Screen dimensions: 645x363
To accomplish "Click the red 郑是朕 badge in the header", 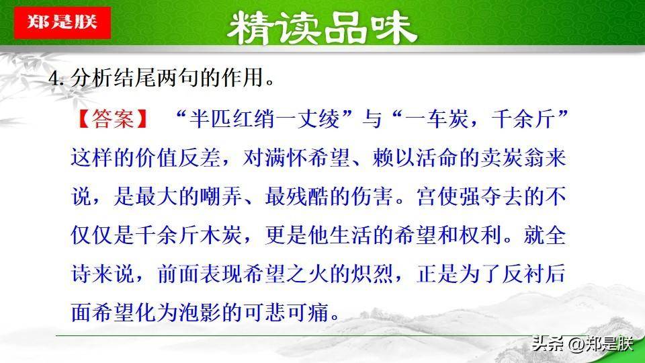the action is (x=62, y=23).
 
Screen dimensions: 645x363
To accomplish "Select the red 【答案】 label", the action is (x=113, y=120).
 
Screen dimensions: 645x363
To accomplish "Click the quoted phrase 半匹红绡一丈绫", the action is (x=265, y=120).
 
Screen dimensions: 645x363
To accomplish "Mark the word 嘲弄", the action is (x=221, y=197).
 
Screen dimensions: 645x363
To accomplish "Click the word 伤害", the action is (x=372, y=197).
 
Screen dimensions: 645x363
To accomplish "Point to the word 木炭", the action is (x=221, y=235).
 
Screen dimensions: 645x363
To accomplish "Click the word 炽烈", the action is (x=372, y=274).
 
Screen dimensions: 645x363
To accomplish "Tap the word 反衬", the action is (x=523, y=274).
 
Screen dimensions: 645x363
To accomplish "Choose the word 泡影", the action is (x=200, y=313).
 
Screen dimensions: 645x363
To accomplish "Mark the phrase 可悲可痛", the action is (x=286, y=313).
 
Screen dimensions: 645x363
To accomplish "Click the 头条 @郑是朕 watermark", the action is (x=582, y=344).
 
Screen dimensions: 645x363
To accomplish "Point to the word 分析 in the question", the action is (x=92, y=77).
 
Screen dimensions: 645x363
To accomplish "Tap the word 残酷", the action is (x=308, y=197).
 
